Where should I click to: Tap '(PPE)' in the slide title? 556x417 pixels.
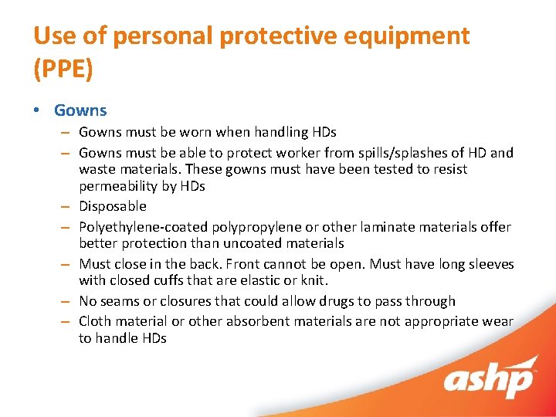pos(63,69)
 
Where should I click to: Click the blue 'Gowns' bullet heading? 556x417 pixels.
pos(80,110)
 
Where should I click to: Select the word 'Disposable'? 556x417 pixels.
pos(112,206)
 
